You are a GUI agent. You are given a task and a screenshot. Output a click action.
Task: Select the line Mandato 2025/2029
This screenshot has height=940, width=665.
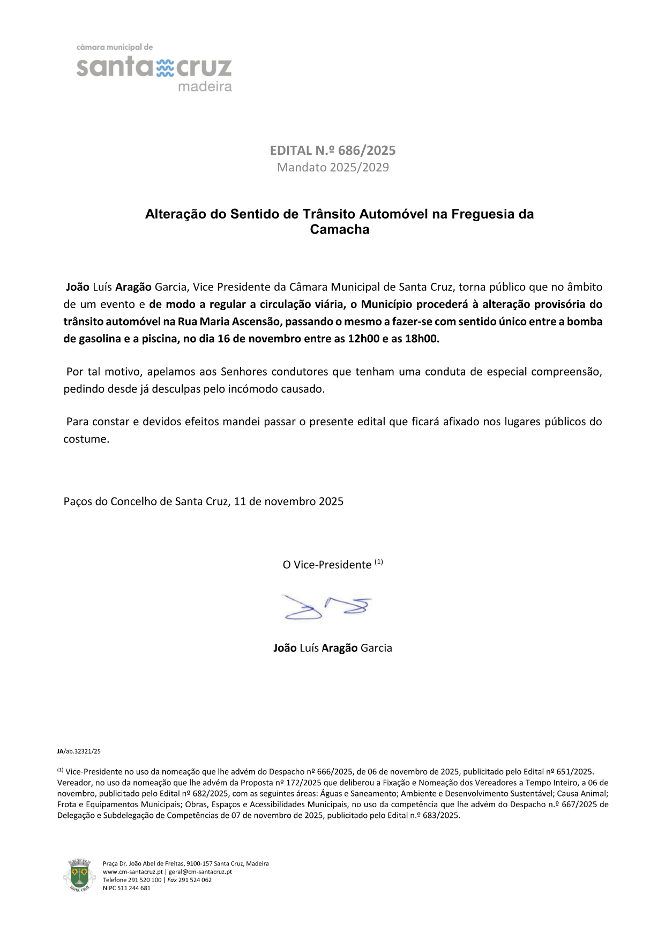point(333,168)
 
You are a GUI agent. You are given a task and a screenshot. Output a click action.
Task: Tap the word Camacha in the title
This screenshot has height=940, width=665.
point(340,230)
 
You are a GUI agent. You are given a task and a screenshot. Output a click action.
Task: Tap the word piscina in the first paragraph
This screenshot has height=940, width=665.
point(160,339)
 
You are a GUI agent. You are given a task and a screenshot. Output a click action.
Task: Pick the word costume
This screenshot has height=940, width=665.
point(86,439)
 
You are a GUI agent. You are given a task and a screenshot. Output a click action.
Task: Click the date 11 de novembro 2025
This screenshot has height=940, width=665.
point(288,502)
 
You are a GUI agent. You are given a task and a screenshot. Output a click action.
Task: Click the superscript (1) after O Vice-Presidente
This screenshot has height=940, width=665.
point(379,562)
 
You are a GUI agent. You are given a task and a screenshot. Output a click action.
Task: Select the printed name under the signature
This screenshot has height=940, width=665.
point(333,648)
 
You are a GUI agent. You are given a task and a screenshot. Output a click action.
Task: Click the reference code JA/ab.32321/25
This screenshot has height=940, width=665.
point(79,751)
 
